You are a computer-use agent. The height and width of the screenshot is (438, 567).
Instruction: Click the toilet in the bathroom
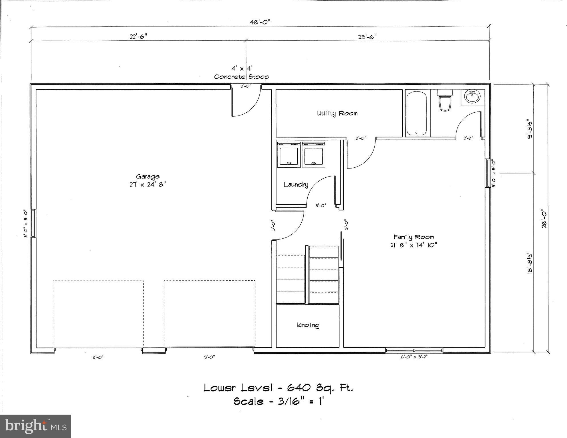click(x=445, y=100)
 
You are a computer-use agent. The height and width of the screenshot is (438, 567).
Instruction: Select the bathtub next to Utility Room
click(x=416, y=113)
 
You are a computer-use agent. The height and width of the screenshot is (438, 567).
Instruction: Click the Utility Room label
click(x=337, y=113)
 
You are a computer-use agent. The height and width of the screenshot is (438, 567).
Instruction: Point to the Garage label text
click(x=148, y=177)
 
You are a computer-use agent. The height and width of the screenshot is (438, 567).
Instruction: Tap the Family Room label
click(x=413, y=237)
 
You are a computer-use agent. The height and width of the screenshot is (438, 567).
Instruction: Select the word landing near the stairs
click(x=308, y=325)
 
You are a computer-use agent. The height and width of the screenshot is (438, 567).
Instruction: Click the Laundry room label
click(x=296, y=184)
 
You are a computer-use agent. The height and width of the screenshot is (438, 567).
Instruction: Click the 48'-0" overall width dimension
click(x=260, y=22)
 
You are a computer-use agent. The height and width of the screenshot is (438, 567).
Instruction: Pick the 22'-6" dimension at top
click(x=138, y=36)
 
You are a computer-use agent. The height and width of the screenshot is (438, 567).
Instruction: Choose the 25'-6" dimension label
click(x=367, y=36)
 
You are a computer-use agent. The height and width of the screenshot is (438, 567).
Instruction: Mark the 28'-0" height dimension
click(x=544, y=219)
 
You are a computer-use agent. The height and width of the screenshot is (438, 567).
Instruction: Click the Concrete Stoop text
click(x=241, y=77)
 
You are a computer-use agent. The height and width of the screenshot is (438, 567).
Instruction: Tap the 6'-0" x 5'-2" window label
click(x=414, y=357)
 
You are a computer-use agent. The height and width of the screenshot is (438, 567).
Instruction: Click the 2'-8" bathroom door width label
click(x=468, y=138)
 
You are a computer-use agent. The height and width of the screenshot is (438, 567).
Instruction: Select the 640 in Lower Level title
click(x=299, y=388)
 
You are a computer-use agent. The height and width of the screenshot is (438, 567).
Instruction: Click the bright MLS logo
click(x=36, y=426)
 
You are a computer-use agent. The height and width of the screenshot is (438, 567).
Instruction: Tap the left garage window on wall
click(x=33, y=224)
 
